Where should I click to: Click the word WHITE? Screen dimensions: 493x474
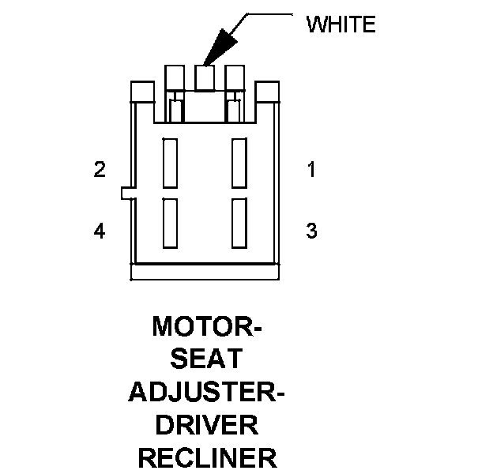pos(341,24)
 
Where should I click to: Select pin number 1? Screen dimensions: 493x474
pos(311,169)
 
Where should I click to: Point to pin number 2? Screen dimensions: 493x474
pos(100,169)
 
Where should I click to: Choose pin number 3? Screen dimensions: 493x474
pos(311,231)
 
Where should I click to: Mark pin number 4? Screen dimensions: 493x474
pos(100,231)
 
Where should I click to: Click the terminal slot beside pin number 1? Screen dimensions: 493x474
pos(239,163)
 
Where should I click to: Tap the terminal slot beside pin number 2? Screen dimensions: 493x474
pos(170,163)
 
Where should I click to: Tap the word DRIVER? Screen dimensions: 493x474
pos(206,425)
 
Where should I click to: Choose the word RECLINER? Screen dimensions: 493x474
pos(206,458)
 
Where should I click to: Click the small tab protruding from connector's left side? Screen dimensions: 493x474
pos(126,193)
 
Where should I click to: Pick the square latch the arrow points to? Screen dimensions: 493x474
pos(205,77)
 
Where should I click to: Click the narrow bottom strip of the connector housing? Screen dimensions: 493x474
pos(205,272)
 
